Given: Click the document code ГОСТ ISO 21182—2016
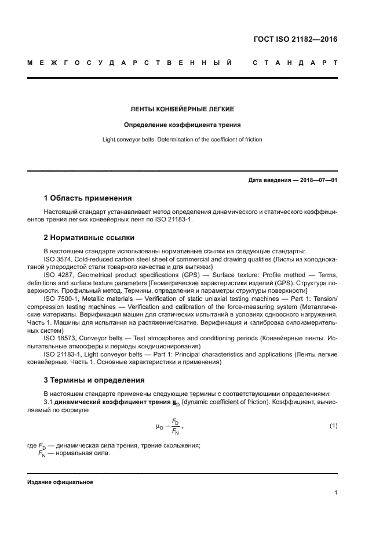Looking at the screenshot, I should tap(296, 40).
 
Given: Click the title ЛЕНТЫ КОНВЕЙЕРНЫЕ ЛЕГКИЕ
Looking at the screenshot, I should tap(182, 109).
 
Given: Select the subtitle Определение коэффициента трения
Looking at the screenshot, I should tap(182, 125).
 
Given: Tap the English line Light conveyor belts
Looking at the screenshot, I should tap(182, 140).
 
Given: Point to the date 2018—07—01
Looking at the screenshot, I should tap(316, 180).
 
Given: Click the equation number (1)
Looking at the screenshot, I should tap(333, 426).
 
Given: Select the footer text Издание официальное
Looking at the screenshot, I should tap(60, 482).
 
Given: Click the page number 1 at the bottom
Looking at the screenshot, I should tap(335, 493).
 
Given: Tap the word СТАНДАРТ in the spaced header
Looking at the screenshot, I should tap(295, 63).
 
